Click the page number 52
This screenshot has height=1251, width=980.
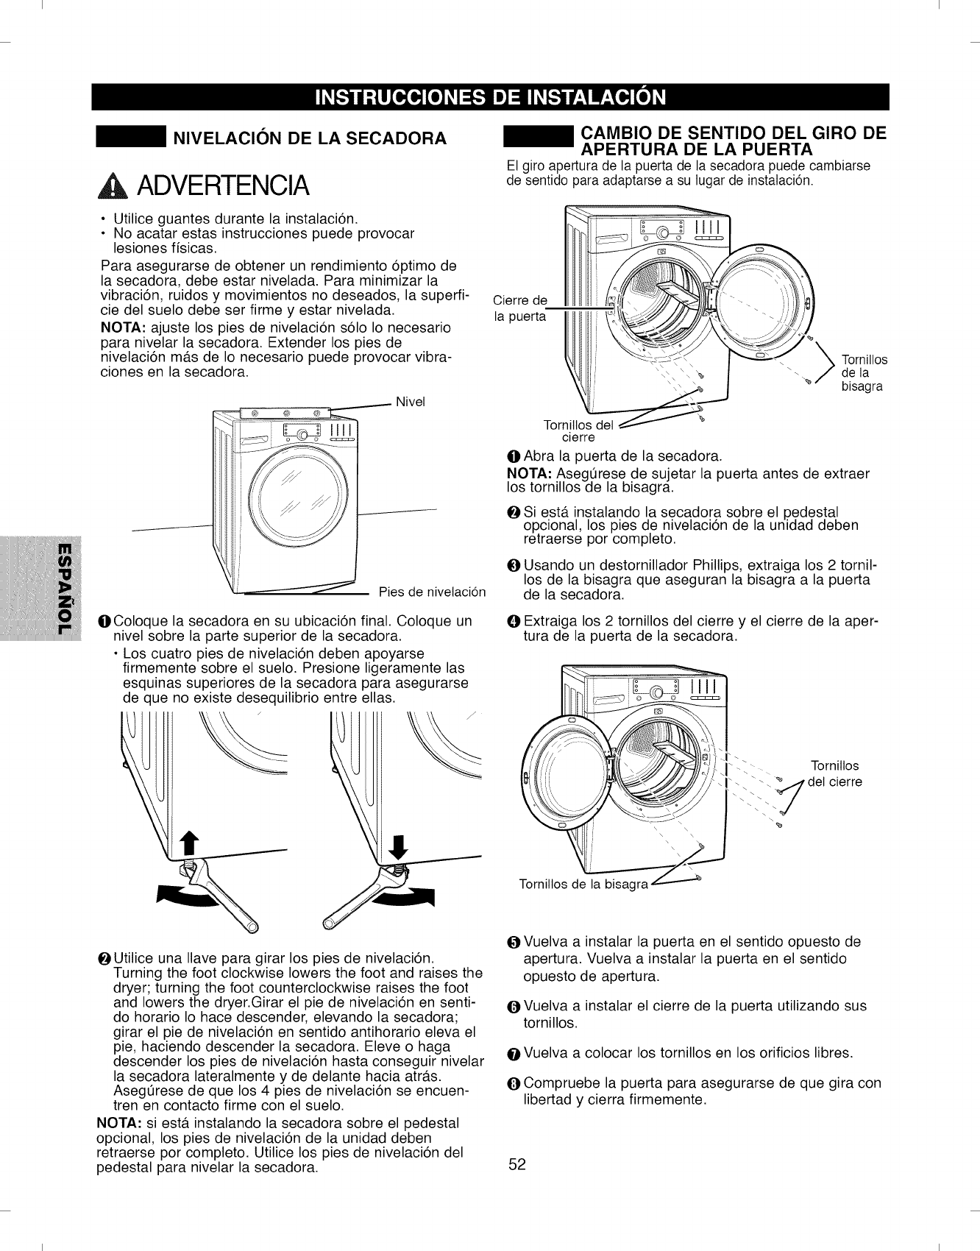(517, 1164)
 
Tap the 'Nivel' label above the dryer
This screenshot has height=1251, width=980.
(411, 402)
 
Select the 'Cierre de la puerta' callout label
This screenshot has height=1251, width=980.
(520, 308)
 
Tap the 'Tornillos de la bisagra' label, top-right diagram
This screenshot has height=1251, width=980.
(864, 373)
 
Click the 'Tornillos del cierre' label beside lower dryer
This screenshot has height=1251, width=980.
(834, 773)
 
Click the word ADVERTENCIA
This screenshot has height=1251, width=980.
(218, 187)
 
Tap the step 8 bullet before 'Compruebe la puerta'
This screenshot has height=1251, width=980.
(514, 1084)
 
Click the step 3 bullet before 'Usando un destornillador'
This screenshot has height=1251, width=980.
(514, 566)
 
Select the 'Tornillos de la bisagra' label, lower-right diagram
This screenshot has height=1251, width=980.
(583, 884)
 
